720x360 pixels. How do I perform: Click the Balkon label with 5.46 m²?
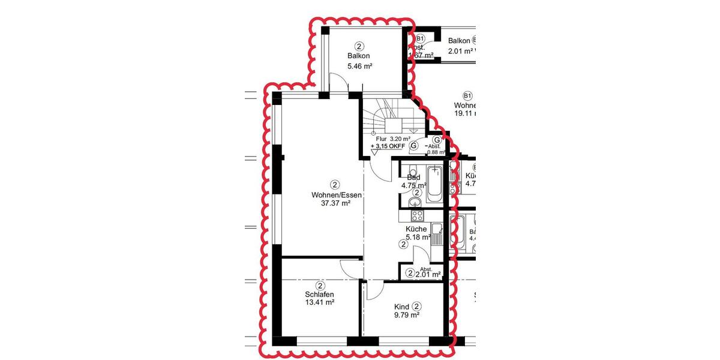point(358,56)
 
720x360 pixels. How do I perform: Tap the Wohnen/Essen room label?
point(335,194)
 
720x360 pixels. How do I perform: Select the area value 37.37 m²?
point(335,203)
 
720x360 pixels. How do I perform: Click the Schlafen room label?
point(319,295)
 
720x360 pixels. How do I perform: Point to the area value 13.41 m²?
point(319,303)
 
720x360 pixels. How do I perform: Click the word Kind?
point(401,307)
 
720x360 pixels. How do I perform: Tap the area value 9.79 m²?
point(406,315)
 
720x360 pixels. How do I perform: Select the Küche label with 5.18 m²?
point(416,229)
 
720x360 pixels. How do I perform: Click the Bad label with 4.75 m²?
point(413,178)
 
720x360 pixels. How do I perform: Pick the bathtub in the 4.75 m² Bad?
point(436,185)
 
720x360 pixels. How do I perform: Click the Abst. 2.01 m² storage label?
point(427,272)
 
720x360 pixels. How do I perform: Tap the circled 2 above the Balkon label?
point(359,46)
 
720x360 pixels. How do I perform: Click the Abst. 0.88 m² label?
point(435,149)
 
